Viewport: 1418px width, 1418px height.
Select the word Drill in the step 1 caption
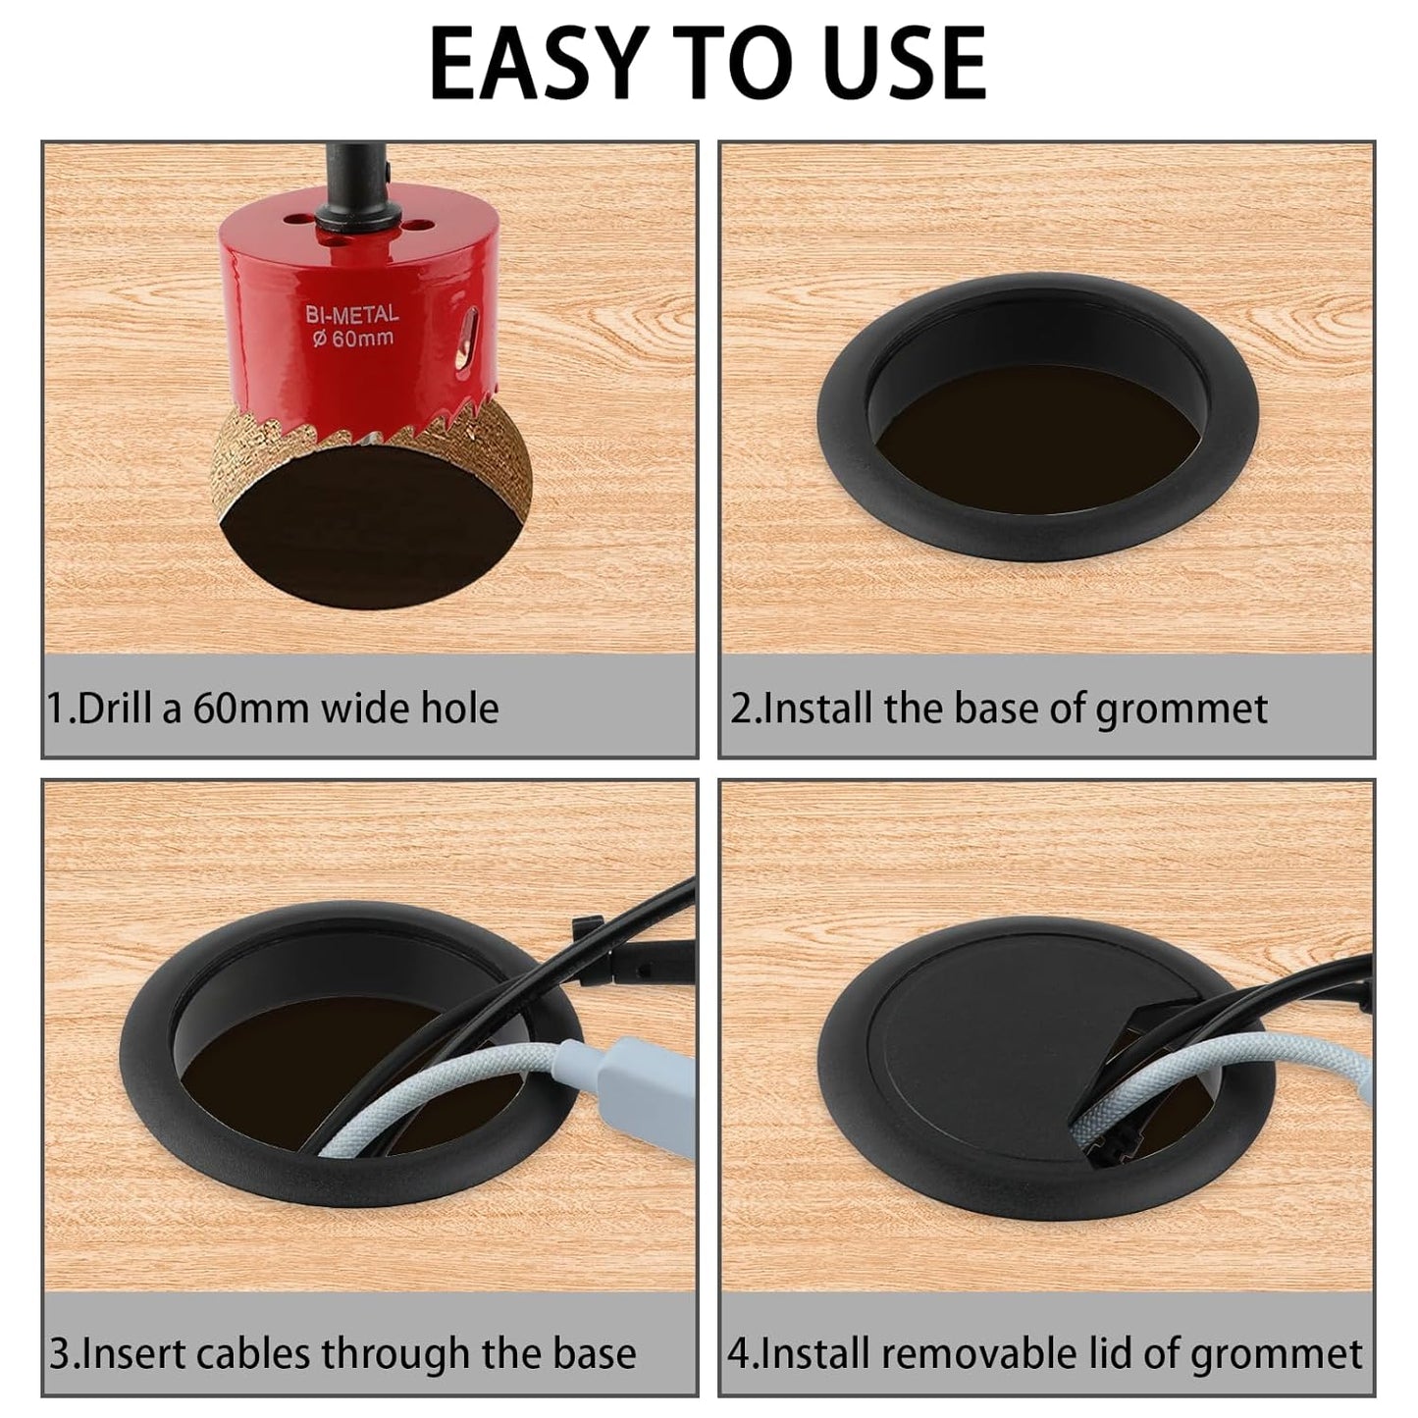pos(121,708)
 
